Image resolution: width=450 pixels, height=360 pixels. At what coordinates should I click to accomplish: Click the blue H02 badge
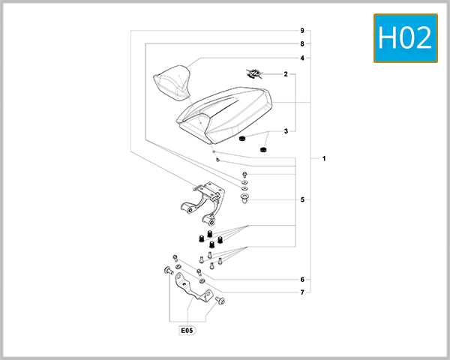[405, 37]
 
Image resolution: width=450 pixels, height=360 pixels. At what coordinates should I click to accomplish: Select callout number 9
[301, 31]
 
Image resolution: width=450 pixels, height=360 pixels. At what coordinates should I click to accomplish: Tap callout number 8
[301, 44]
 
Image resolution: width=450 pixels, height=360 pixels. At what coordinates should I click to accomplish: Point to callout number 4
[301, 58]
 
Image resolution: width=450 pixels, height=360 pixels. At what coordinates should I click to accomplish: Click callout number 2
[286, 74]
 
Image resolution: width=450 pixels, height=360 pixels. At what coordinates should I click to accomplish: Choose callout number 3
[286, 131]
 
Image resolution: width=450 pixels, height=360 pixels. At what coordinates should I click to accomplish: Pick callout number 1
[323, 159]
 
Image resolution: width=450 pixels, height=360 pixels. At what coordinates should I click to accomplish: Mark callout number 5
[301, 200]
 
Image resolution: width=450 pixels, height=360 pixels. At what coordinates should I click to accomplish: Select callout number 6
[301, 279]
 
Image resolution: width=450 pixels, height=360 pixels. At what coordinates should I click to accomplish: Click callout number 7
[301, 292]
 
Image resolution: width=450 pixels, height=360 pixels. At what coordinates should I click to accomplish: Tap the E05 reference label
[185, 329]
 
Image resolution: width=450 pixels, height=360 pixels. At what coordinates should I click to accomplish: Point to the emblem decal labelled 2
[255, 73]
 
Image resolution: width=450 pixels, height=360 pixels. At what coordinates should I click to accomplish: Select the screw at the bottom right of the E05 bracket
[220, 301]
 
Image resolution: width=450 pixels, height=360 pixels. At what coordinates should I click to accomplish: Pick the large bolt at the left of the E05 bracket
[166, 270]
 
